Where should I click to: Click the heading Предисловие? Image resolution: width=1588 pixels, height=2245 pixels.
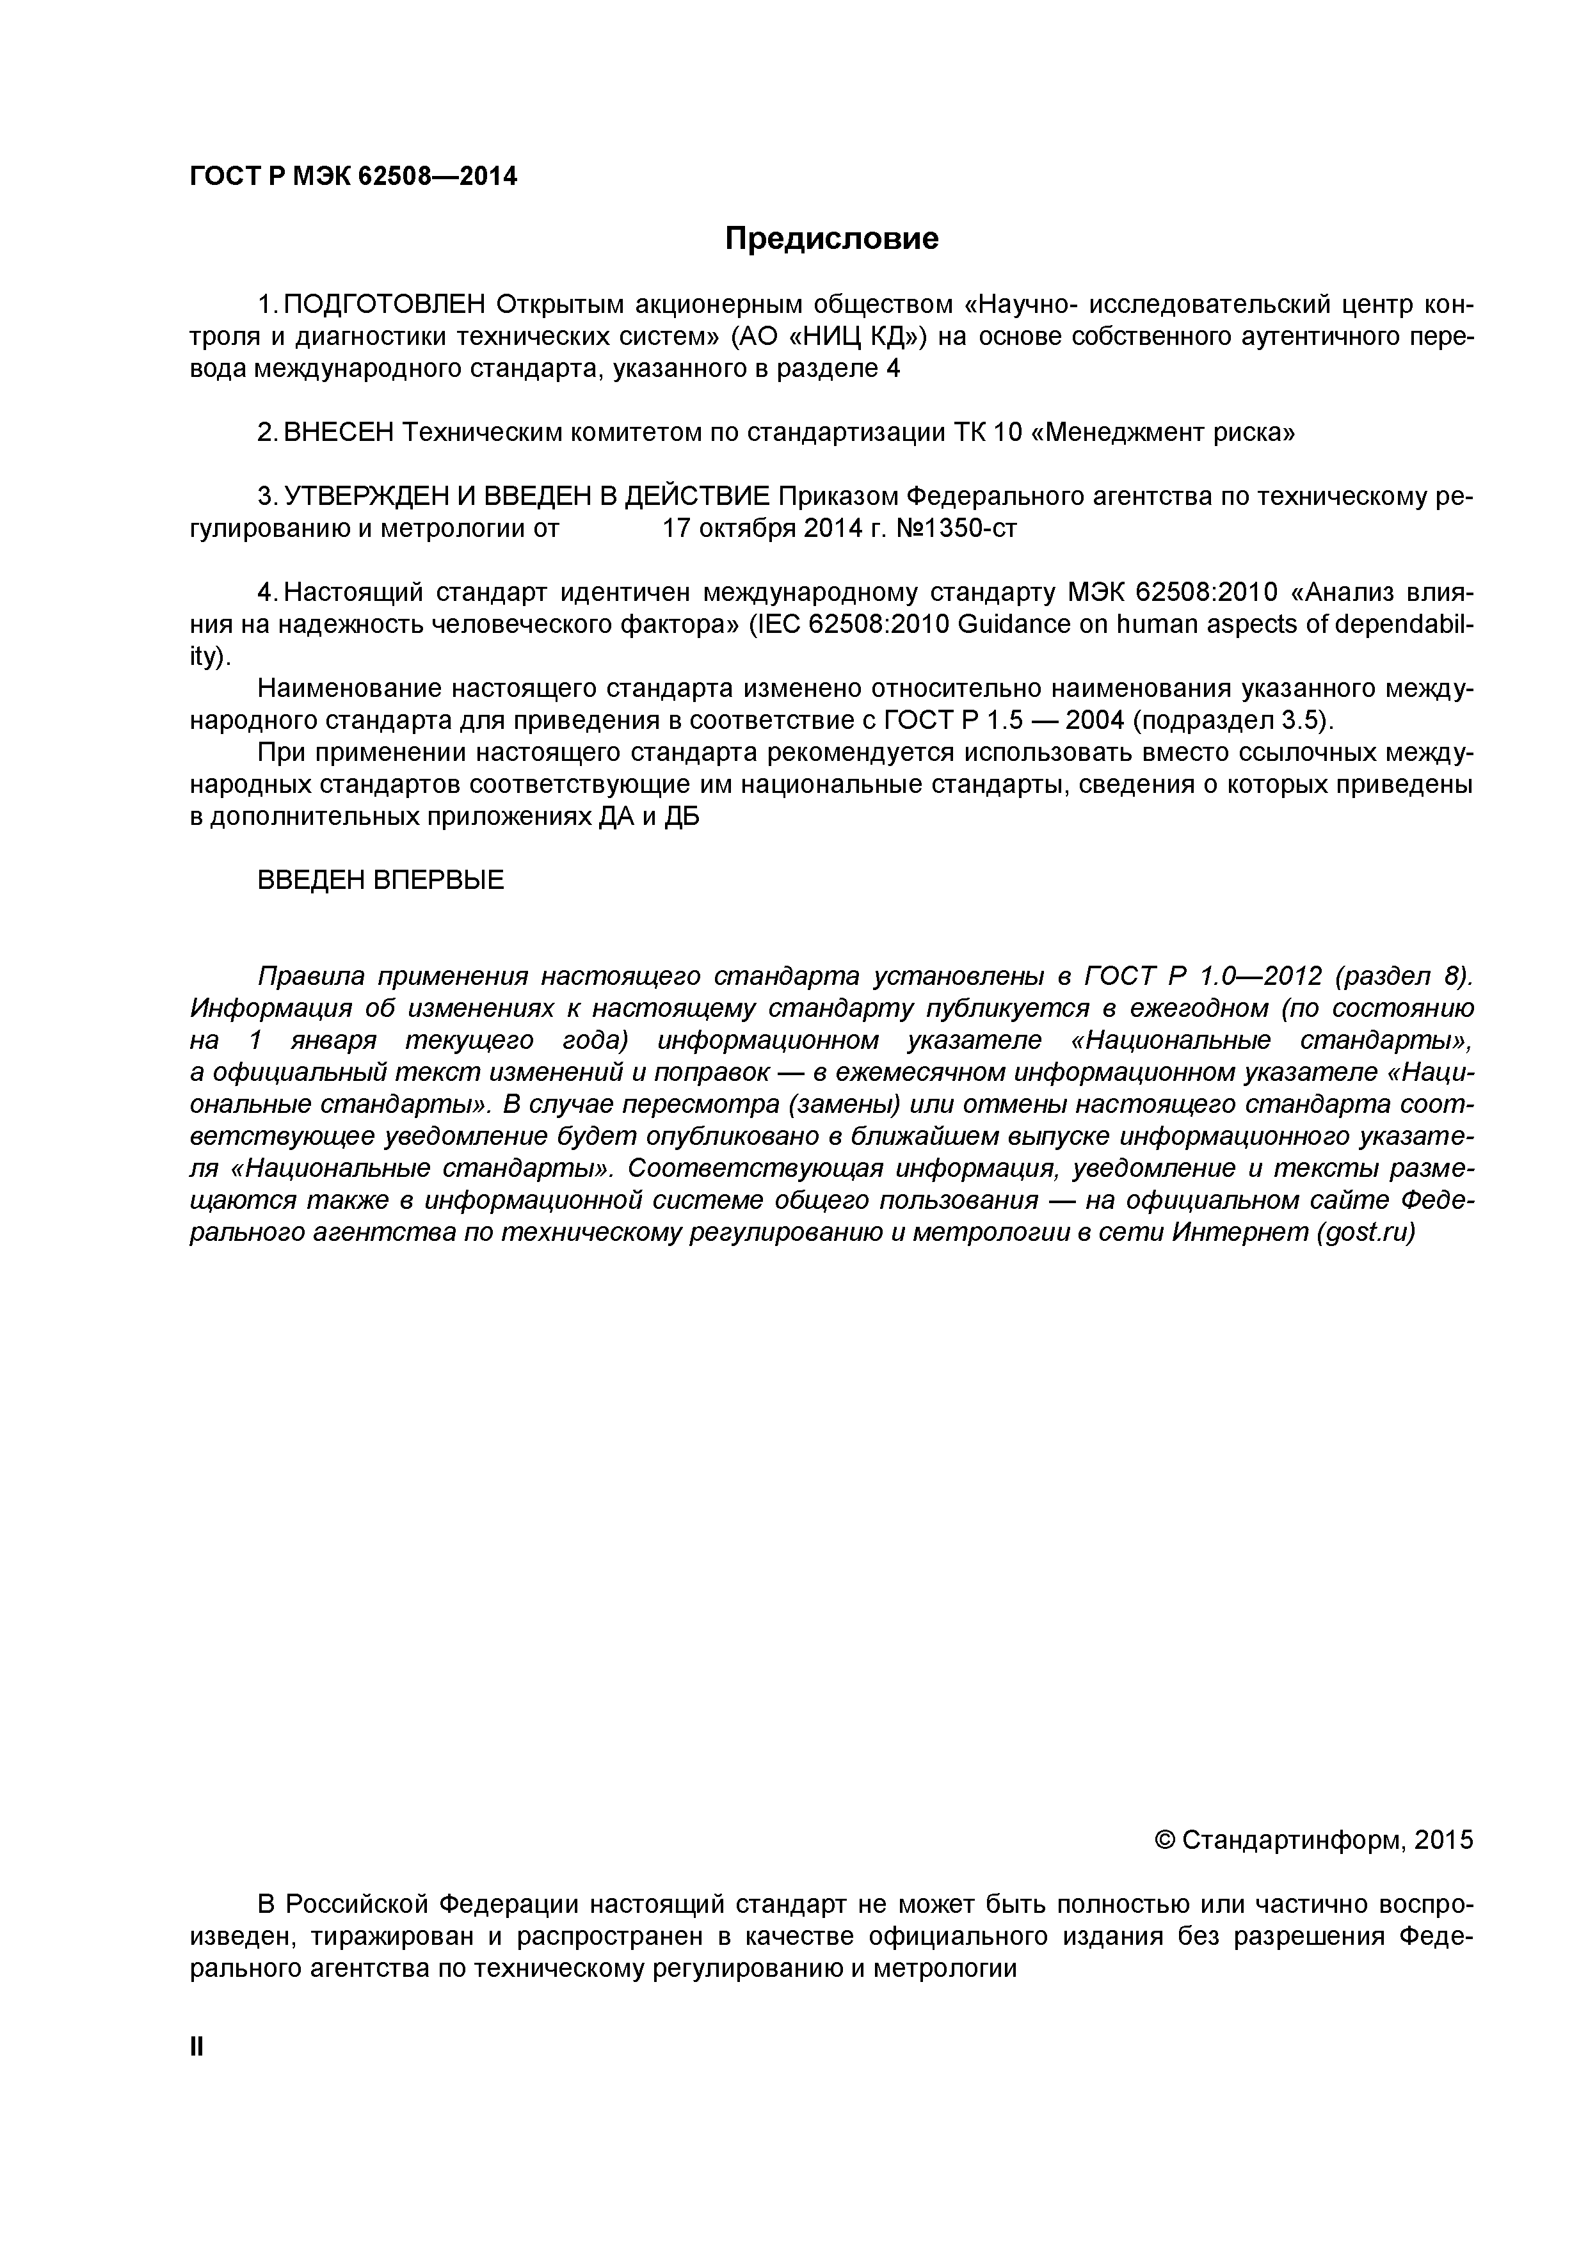831,239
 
